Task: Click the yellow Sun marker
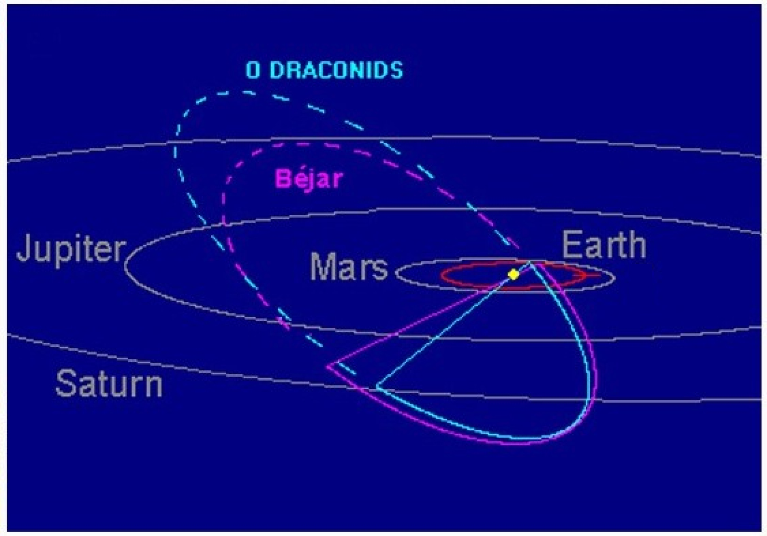(x=513, y=274)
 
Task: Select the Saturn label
(x=108, y=384)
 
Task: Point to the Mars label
(x=349, y=267)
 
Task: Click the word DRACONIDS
(x=336, y=70)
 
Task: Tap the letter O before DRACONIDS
(x=253, y=70)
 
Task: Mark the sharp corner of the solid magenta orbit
(x=327, y=365)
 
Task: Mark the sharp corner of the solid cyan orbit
(x=376, y=387)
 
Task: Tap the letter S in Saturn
(x=65, y=384)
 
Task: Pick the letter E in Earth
(x=572, y=245)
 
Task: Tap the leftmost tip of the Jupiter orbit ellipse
(x=125, y=265)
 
